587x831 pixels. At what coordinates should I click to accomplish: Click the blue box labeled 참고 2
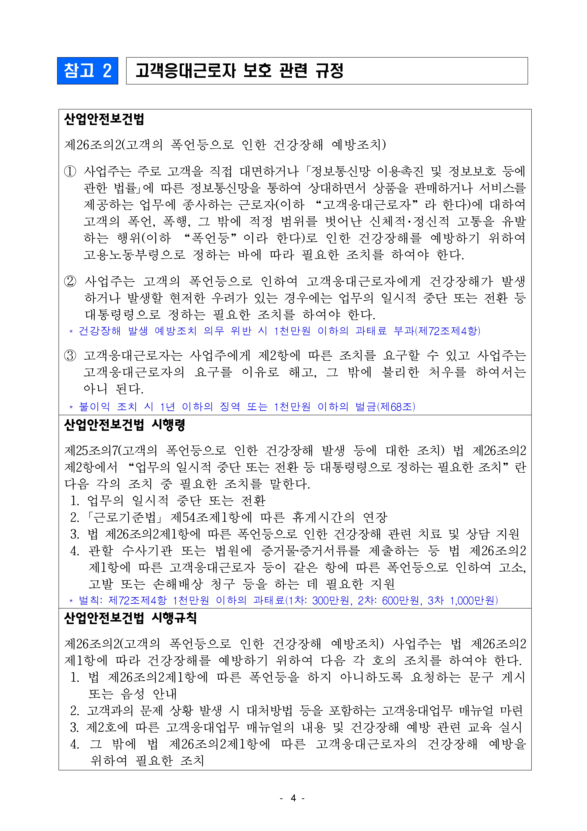[x=88, y=71]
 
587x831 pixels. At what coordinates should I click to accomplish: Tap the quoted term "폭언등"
[x=210, y=238]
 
